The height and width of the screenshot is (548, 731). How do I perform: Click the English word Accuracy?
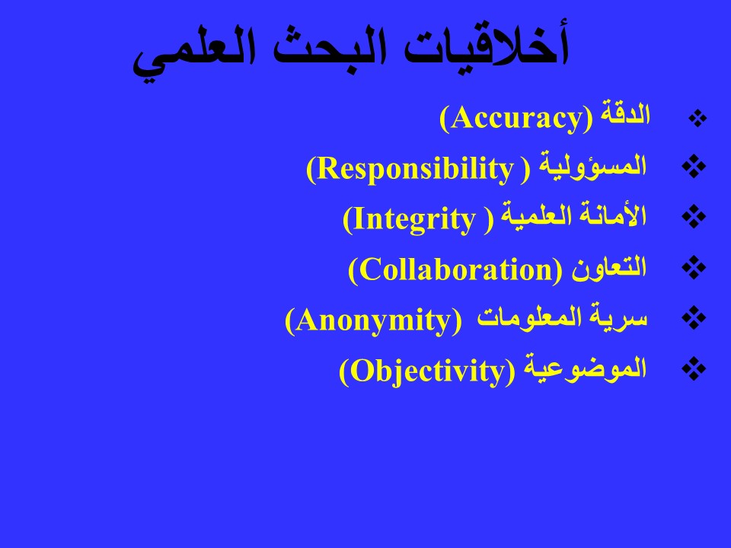tap(516, 119)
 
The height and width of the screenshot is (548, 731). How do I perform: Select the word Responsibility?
tap(416, 169)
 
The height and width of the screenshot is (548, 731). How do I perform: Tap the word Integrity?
tap(414, 220)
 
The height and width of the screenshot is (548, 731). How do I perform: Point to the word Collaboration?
tap(456, 269)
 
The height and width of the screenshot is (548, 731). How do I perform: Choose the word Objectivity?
tap(428, 371)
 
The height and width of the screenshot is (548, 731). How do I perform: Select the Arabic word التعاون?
tap(609, 268)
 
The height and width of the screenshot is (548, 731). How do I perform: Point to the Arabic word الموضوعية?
tap(586, 368)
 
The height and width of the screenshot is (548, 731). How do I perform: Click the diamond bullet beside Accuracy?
tap(697, 119)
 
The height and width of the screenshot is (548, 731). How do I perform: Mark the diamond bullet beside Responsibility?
tap(694, 167)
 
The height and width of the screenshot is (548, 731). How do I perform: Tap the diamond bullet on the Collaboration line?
tap(694, 267)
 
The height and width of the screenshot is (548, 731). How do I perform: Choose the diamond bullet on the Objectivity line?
tap(694, 368)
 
